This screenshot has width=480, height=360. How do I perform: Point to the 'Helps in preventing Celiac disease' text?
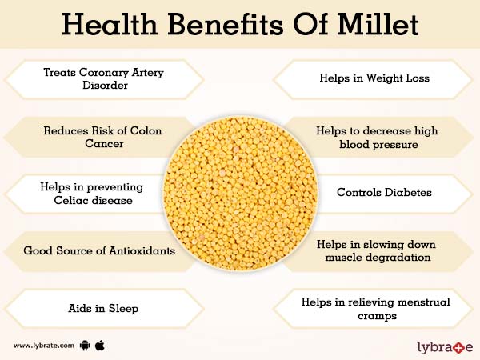point(91,193)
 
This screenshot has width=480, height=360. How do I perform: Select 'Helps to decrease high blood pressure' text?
point(375,137)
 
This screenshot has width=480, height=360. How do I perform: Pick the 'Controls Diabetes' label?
point(375,193)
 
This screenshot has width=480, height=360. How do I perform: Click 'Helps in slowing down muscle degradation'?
point(374,250)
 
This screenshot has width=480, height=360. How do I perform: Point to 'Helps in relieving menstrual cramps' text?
point(375,308)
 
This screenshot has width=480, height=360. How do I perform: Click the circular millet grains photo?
point(239,193)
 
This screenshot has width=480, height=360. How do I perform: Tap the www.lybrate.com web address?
point(44,346)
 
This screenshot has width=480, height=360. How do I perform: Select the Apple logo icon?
point(101,345)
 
